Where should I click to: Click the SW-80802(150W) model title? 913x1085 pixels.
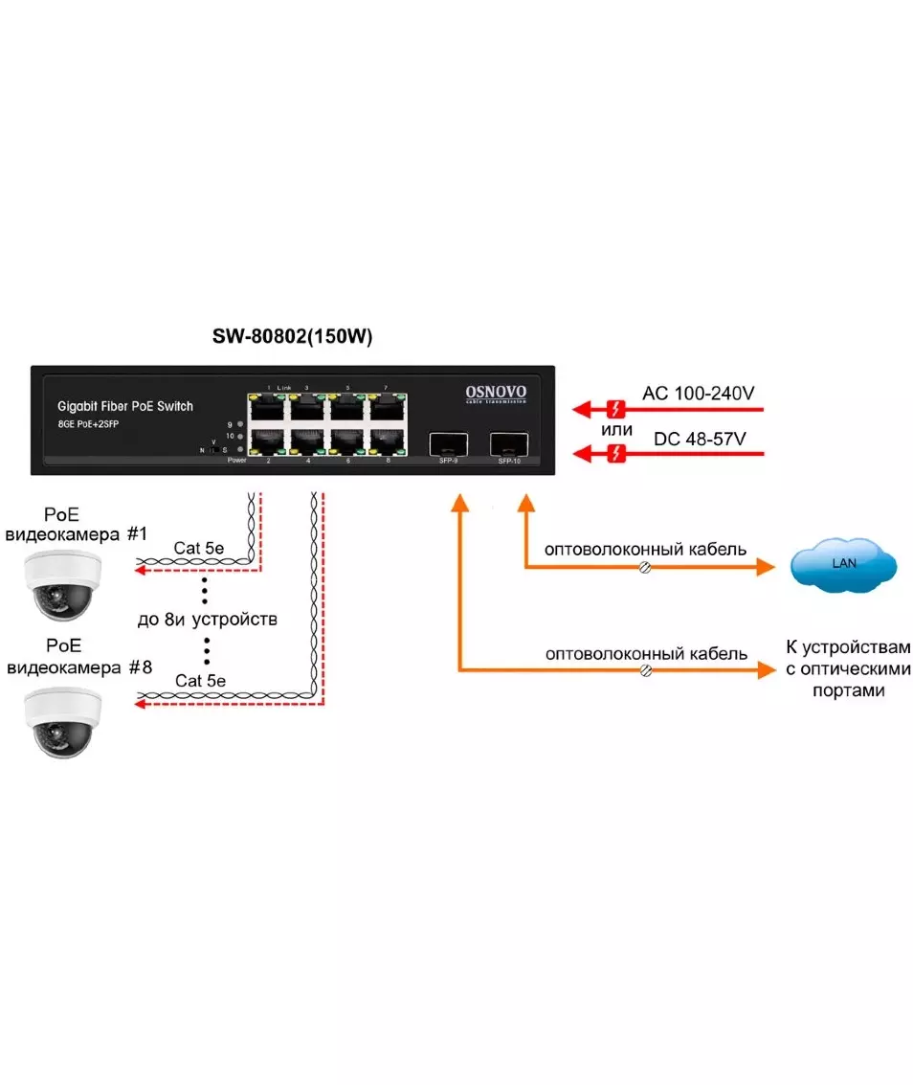292,337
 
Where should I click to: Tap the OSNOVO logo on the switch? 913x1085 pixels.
495,393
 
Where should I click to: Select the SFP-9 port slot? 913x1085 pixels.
447,443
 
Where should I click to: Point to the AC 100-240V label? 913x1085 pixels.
697,395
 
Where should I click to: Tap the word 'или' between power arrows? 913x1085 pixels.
617,429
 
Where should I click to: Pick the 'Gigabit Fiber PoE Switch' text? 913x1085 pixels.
124,406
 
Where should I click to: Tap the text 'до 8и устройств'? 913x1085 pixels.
208,620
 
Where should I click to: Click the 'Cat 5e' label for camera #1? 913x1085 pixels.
200,549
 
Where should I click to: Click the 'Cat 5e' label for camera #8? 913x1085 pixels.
200,681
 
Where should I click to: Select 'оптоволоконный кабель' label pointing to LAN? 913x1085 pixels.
646,550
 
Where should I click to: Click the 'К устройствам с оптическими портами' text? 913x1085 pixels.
848,667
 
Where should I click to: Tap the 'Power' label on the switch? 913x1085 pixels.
236,461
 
